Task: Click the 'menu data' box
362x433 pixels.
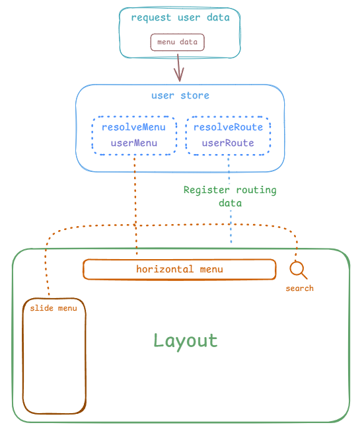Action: [x=178, y=42]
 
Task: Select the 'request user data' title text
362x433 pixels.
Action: [x=180, y=18]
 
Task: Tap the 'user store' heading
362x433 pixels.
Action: [x=180, y=96]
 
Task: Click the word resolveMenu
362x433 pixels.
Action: [x=134, y=127]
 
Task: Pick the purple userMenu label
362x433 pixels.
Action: [x=134, y=143]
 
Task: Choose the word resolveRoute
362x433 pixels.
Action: [x=228, y=127]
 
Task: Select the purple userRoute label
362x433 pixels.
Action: [x=228, y=143]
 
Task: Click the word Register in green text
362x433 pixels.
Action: [x=206, y=190]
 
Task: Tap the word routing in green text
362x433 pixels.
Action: [x=256, y=190]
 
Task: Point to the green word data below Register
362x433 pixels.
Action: [x=230, y=203]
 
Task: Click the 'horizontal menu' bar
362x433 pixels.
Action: [x=179, y=269]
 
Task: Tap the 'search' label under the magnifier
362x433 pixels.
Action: [x=300, y=289]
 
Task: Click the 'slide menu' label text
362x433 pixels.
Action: [x=54, y=308]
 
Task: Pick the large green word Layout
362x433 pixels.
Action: [x=186, y=341]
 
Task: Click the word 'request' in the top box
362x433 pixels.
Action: [x=151, y=18]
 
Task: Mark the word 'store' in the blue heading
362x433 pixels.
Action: [x=195, y=96]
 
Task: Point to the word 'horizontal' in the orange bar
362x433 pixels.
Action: [x=165, y=269]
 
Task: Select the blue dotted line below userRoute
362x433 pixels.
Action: [x=230, y=199]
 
